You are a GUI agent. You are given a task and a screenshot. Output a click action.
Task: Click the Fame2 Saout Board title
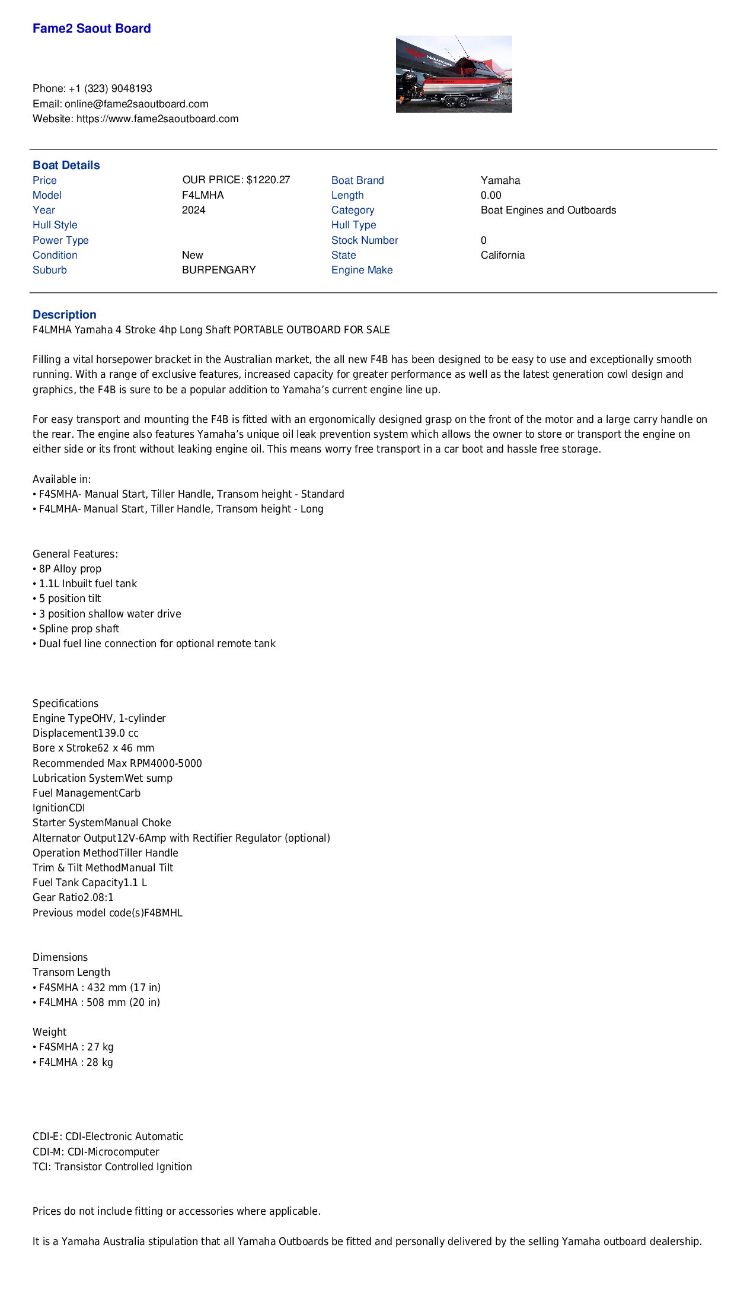(91, 28)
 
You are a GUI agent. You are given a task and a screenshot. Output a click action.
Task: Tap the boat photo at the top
(454, 74)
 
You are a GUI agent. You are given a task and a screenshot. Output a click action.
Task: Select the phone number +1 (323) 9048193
(110, 88)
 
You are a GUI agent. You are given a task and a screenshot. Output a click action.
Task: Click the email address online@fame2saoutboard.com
(136, 104)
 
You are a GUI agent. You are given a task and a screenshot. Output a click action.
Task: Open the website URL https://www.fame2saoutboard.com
(157, 119)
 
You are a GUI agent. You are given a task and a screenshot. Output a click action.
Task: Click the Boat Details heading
(66, 165)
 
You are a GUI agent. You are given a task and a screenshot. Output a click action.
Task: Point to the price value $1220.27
(268, 180)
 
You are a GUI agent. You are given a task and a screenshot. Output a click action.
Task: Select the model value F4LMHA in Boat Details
(203, 195)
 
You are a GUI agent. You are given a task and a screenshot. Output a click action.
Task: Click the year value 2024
(194, 210)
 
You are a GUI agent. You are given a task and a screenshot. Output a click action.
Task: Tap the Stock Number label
(365, 240)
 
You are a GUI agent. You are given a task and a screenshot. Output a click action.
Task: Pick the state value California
(503, 255)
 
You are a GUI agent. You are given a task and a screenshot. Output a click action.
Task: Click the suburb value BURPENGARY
(219, 270)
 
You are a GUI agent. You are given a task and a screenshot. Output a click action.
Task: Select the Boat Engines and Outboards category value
(548, 210)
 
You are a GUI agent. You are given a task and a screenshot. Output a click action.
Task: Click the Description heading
(64, 315)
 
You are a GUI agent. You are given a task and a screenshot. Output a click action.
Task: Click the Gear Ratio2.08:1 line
(73, 897)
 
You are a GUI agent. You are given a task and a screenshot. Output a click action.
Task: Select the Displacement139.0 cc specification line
(85, 733)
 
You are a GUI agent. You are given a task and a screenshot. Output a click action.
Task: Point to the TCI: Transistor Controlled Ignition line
(112, 1167)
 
